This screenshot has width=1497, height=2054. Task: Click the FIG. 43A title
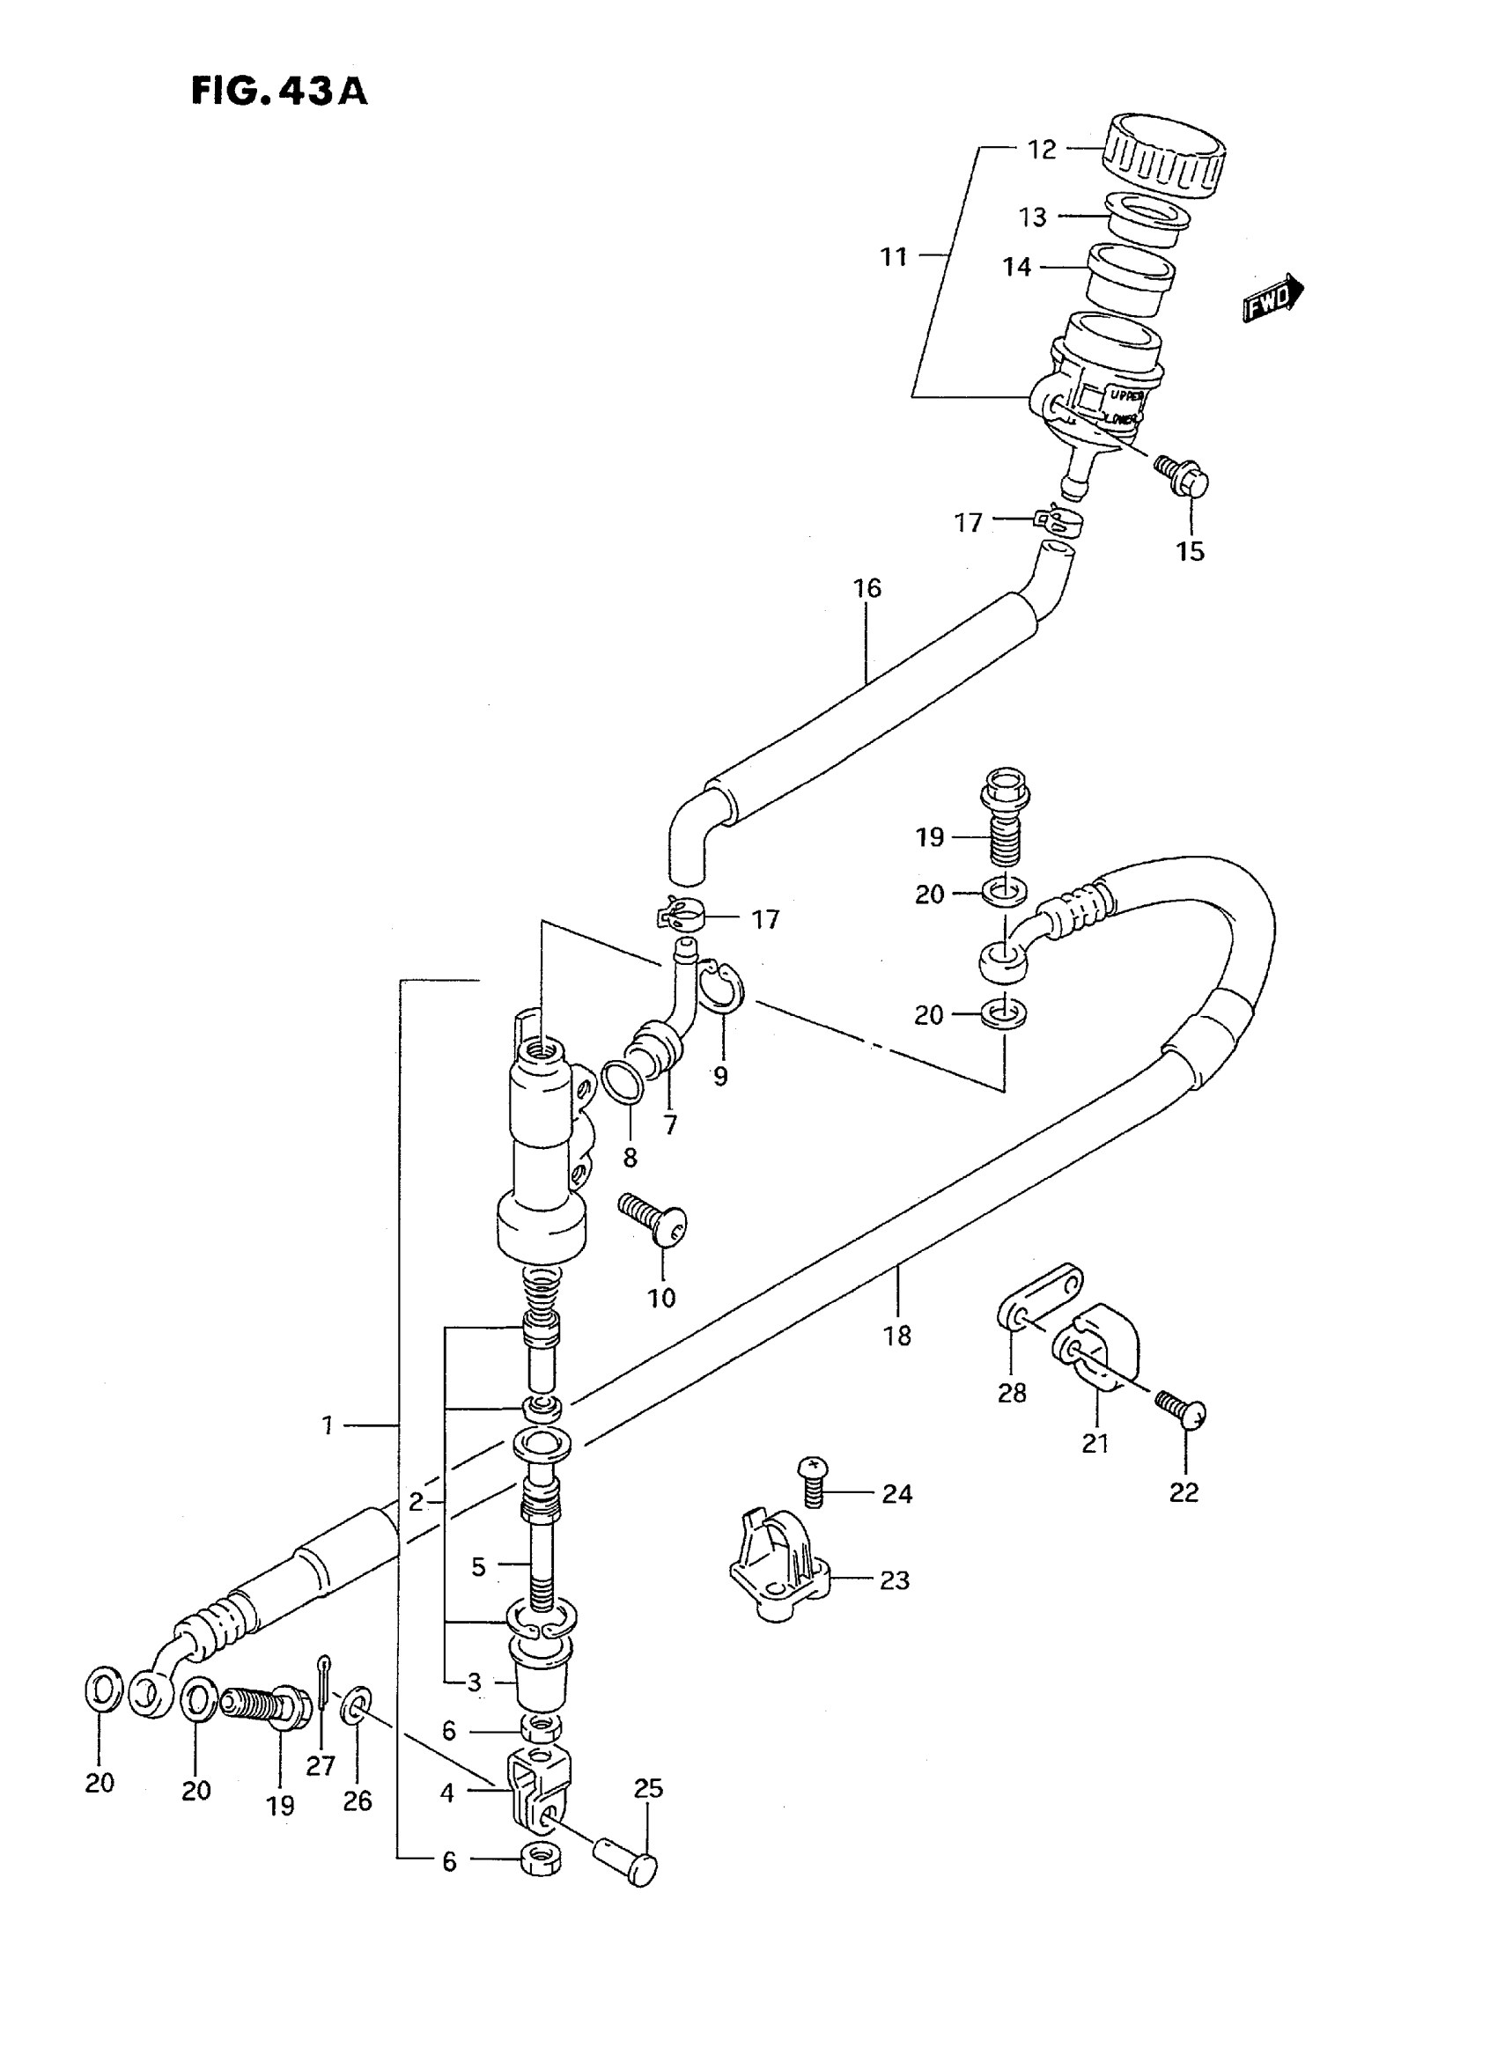[279, 92]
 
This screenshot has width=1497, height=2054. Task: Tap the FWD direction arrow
[1272, 300]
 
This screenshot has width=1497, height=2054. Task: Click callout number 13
[1032, 217]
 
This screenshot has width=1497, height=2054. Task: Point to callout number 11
[894, 257]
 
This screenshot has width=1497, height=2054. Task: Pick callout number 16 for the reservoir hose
[867, 589]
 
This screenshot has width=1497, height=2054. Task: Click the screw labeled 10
[654, 1219]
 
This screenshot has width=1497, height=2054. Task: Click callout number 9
[720, 1077]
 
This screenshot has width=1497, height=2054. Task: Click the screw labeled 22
[1184, 1414]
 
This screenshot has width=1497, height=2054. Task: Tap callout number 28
[1011, 1394]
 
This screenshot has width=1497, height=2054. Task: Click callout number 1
[328, 1426]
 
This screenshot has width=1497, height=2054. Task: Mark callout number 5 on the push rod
[478, 1566]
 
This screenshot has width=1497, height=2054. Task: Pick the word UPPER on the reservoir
[1127, 396]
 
